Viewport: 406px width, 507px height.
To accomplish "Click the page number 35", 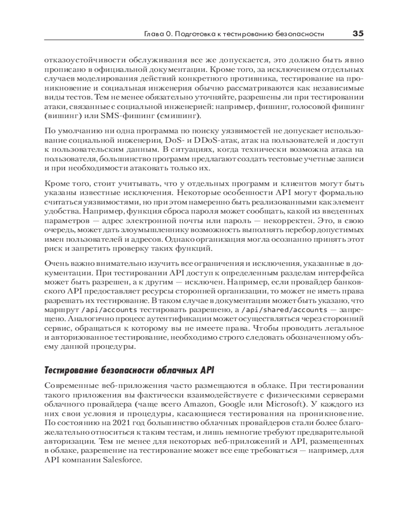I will [358, 33].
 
